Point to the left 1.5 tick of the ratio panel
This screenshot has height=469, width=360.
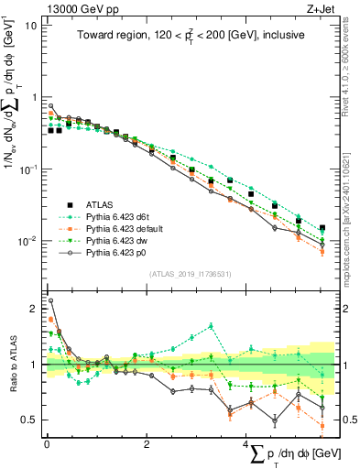coord(32,337)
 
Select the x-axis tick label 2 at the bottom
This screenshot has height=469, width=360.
coord(147,444)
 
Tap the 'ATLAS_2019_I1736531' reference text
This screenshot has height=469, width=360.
coord(189,274)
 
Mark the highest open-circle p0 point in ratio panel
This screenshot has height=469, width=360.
coord(51,300)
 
